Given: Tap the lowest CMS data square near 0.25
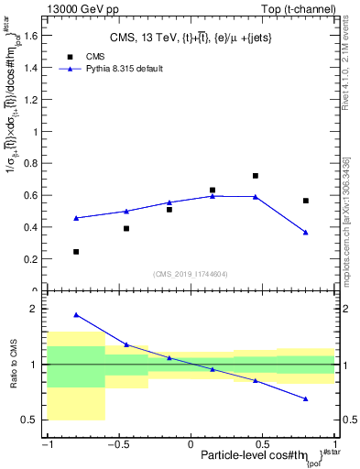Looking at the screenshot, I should pos(76,251).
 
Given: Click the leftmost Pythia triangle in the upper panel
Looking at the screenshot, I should pos(76,218).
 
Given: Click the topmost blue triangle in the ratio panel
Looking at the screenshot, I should pos(76,315).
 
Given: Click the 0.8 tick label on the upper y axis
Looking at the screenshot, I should pos(33,163).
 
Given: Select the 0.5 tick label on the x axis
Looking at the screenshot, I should pos(263,444).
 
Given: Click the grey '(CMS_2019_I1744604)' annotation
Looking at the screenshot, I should pos(191,273).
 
